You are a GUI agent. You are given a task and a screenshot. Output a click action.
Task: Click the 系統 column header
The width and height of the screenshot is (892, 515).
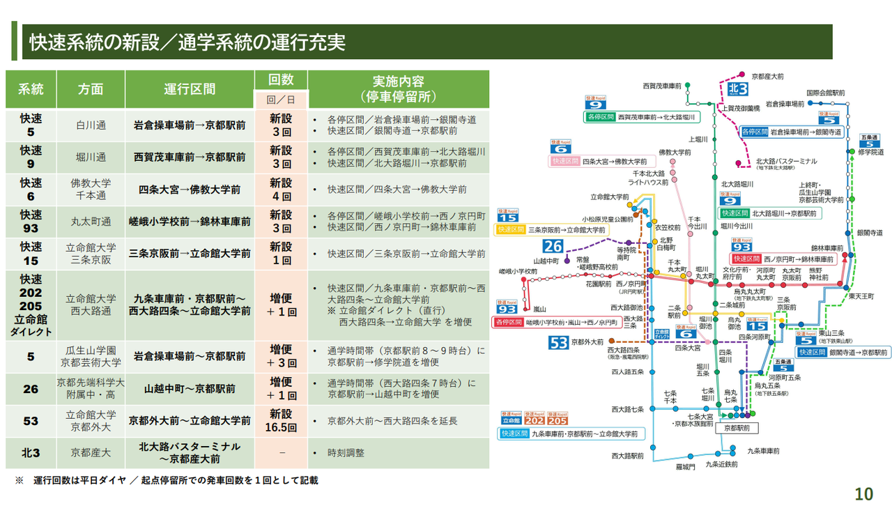pos(31,89)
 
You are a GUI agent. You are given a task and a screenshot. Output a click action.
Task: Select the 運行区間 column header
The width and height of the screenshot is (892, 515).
pos(190,89)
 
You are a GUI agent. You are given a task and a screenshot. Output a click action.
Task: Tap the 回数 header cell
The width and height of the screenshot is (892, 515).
pos(281,79)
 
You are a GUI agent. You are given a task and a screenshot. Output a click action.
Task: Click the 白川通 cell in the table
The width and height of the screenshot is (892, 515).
pos(90,125)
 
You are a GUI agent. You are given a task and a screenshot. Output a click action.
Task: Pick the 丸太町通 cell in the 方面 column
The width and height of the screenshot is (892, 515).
pos(90,222)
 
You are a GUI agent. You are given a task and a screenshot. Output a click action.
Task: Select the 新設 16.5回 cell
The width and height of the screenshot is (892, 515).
pos(281,420)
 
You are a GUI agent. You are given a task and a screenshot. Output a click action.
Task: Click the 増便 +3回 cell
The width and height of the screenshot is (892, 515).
pos(281,355)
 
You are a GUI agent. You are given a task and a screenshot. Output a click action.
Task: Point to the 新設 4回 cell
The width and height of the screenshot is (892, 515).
pos(281,190)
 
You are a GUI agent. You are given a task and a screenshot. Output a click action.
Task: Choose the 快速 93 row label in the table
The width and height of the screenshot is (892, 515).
pos(31,222)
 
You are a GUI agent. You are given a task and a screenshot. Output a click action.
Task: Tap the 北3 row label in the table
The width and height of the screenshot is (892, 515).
pos(31,452)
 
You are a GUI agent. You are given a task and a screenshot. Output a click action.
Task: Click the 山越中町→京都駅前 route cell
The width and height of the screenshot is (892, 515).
pos(190,388)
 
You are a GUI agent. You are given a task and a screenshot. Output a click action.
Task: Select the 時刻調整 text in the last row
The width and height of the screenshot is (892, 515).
pos(346,453)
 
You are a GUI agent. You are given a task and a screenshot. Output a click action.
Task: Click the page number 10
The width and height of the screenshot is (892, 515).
pos(863,494)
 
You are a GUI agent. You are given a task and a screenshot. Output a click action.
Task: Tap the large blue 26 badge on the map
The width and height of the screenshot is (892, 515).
pos(553,246)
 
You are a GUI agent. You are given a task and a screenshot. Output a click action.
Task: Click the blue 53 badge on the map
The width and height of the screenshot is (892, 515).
pos(559,342)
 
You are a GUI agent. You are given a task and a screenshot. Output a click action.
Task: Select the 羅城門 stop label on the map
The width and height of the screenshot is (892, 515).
pos(686,467)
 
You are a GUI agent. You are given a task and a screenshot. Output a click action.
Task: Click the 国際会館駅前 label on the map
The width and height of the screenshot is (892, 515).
pos(825,93)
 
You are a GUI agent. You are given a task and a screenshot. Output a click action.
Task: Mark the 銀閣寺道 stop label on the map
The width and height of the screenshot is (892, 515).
pos(870,233)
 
